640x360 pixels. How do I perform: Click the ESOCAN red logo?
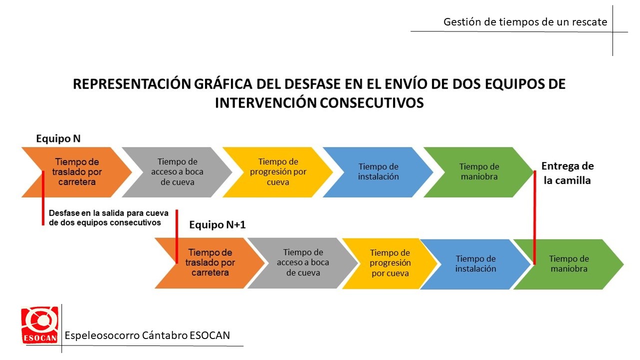(x=39, y=325)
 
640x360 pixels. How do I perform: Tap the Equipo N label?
(x=58, y=138)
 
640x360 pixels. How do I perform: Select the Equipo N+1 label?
(x=217, y=225)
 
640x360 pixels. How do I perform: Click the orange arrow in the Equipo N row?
(x=76, y=172)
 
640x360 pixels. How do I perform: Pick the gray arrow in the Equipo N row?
(x=177, y=172)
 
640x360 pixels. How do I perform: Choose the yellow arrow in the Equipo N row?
(x=277, y=172)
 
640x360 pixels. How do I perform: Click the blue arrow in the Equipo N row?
(x=378, y=172)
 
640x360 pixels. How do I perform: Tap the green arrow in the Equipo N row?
(x=479, y=172)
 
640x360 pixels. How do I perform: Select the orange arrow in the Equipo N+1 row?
(x=210, y=263)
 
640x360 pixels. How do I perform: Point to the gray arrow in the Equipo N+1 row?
(x=303, y=263)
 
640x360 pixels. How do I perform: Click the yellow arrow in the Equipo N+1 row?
(x=390, y=263)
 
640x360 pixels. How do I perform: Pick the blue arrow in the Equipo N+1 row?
(x=475, y=264)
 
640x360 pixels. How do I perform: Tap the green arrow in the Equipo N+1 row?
(x=568, y=264)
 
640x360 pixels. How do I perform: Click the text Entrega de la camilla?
(x=567, y=173)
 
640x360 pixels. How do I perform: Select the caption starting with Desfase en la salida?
(x=108, y=217)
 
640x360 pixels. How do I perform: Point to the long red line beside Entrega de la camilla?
(x=534, y=217)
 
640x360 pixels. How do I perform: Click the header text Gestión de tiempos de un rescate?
(x=525, y=21)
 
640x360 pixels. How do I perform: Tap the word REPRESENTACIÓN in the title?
(x=132, y=84)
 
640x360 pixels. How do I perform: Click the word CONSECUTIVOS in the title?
(x=371, y=103)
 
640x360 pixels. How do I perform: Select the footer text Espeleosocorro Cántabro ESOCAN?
(x=147, y=335)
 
